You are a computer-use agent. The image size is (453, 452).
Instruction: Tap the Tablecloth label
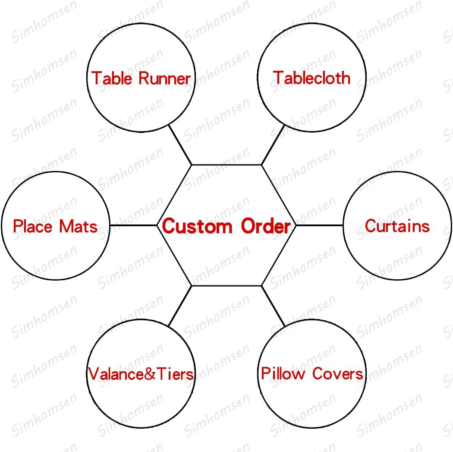click(311, 78)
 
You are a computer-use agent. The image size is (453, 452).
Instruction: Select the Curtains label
click(397, 226)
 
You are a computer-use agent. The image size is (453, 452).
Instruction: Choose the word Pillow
click(283, 373)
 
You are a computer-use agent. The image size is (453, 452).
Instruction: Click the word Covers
click(338, 373)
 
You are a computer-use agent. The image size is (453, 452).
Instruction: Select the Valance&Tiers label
click(141, 374)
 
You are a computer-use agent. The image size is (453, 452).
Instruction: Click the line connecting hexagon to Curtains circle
click(319, 225)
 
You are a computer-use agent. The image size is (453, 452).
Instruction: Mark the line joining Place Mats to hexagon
click(133, 225)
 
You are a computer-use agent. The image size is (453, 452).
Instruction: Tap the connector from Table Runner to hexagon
click(180, 144)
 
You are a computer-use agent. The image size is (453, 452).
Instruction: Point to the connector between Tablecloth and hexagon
click(273, 145)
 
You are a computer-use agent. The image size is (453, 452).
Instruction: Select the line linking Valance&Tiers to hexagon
click(180, 305)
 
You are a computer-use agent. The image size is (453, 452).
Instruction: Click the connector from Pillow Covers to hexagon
click(273, 305)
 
